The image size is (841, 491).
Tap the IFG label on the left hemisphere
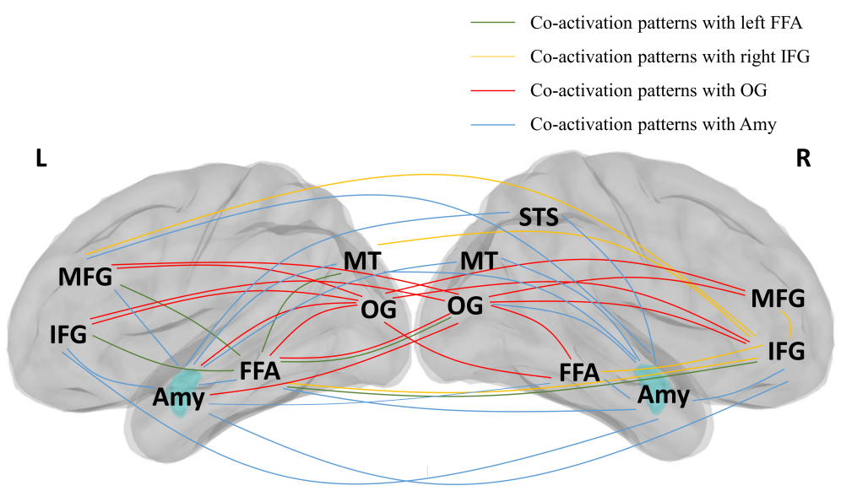68,334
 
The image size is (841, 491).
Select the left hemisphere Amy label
179,398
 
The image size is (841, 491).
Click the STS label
539,219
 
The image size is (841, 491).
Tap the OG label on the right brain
464,306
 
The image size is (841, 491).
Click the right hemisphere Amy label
664,395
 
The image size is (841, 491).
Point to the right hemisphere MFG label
778,298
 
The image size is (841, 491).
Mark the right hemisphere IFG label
787,350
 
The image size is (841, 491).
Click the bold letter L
40,159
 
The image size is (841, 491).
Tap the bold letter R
803,159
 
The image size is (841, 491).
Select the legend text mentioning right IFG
670,57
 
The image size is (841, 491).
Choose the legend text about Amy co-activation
653,123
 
